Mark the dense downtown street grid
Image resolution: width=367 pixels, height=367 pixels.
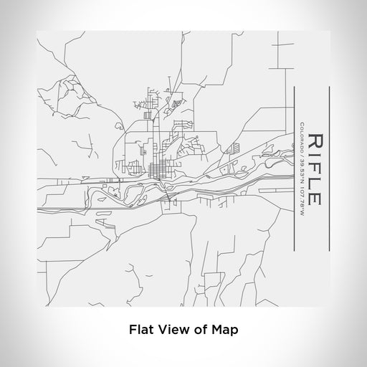click(158, 171)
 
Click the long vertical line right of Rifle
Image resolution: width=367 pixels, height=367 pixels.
click(328, 168)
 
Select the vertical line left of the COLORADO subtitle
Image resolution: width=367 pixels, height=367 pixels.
click(295, 168)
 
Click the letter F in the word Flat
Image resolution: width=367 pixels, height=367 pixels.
click(133, 330)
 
